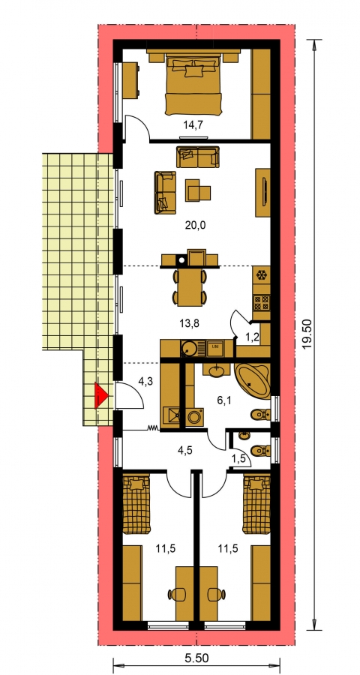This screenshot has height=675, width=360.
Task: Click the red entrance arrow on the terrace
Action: tap(101, 395)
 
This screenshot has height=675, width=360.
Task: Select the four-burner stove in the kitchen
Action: tap(262, 301)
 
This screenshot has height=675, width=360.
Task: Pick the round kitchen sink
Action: tap(188, 348)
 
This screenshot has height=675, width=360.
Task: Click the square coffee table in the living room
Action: tap(198, 190)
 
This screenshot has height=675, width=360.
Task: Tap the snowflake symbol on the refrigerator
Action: tap(261, 274)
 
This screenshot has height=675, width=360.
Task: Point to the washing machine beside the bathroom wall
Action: tap(195, 418)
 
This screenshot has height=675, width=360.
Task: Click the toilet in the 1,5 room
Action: tap(260, 451)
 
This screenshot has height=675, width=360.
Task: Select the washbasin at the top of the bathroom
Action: tap(219, 370)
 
